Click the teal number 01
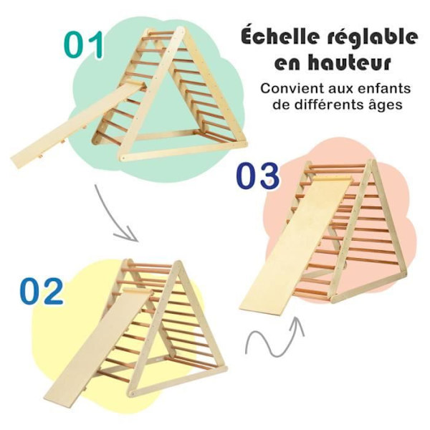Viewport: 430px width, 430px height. pyautogui.click(x=84, y=44)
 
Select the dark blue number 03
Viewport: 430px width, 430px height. pyautogui.click(x=258, y=176)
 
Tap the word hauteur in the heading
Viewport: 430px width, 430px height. pyautogui.click(x=349, y=63)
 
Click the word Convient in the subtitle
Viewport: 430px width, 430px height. pyautogui.click(x=292, y=89)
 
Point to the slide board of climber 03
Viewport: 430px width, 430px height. pyautogui.click(x=295, y=245)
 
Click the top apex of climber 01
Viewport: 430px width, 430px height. pyautogui.click(x=181, y=28)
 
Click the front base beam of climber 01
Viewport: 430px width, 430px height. pyautogui.click(x=183, y=150)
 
